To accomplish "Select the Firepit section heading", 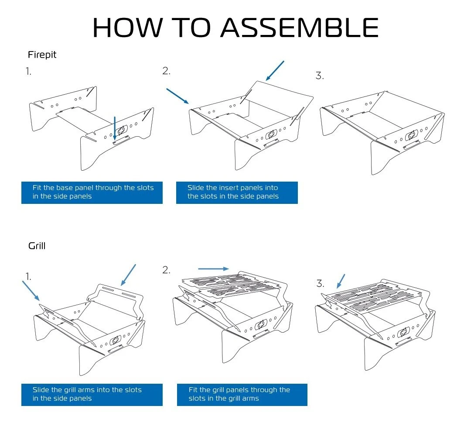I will point(42,55).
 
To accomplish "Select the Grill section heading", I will point(37,246).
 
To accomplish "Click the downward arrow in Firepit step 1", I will point(114,128).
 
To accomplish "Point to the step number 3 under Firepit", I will point(320,76).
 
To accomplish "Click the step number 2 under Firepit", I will point(166,71).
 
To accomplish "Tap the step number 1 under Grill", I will point(28,276).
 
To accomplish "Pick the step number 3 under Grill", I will point(320,284).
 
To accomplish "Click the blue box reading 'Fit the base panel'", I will point(92,192).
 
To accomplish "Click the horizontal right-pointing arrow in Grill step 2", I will point(213,269).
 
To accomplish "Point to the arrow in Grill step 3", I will point(341,282).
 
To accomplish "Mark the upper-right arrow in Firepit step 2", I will point(275,71).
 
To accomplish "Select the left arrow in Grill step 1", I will point(31,291).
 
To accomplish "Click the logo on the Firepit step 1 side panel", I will point(121,130).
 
